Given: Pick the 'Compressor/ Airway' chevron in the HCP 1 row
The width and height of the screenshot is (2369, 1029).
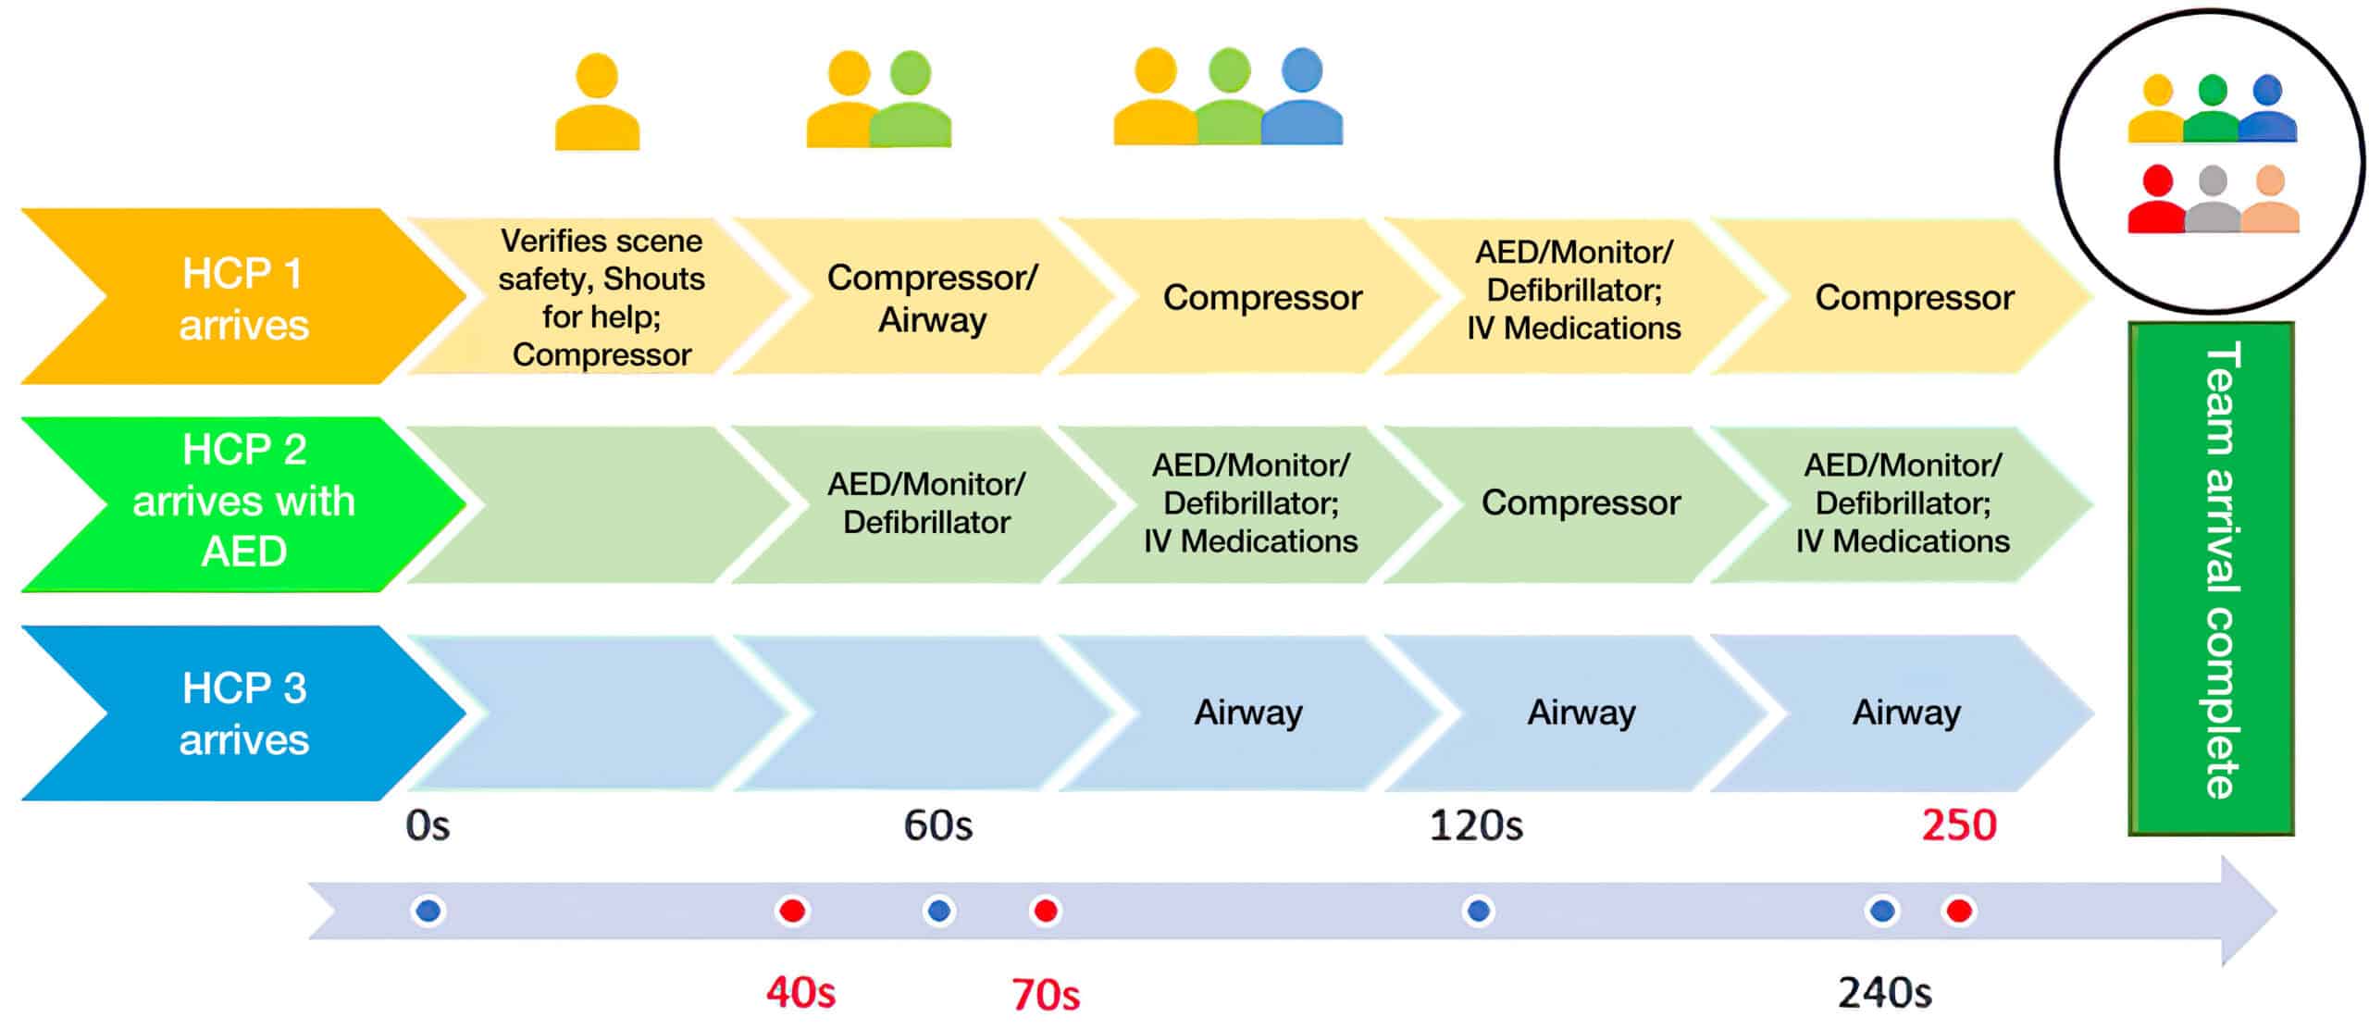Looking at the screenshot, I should pyautogui.click(x=931, y=297).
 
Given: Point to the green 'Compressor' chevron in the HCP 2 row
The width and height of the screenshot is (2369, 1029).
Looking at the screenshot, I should pyautogui.click(x=1581, y=502).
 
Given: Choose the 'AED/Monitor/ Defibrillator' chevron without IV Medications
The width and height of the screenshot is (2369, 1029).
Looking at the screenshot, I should pyautogui.click(x=925, y=502).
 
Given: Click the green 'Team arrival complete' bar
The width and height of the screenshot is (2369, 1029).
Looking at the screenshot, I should pyautogui.click(x=2210, y=578).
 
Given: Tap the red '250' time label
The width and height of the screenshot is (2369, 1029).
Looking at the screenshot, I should pyautogui.click(x=1958, y=824).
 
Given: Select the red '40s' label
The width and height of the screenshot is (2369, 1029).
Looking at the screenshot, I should pyautogui.click(x=800, y=993).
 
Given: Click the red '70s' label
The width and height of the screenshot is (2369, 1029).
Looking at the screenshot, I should pyautogui.click(x=1046, y=995).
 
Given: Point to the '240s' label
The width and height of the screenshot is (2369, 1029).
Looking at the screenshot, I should pyautogui.click(x=1884, y=993).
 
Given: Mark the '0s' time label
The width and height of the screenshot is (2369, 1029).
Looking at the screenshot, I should pyautogui.click(x=428, y=824).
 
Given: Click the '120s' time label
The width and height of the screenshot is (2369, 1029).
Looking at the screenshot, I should pyautogui.click(x=1476, y=824).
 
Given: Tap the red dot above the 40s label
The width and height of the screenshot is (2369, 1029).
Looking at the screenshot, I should pyautogui.click(x=792, y=911).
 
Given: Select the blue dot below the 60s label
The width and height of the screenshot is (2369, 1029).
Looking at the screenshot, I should pyautogui.click(x=938, y=911).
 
